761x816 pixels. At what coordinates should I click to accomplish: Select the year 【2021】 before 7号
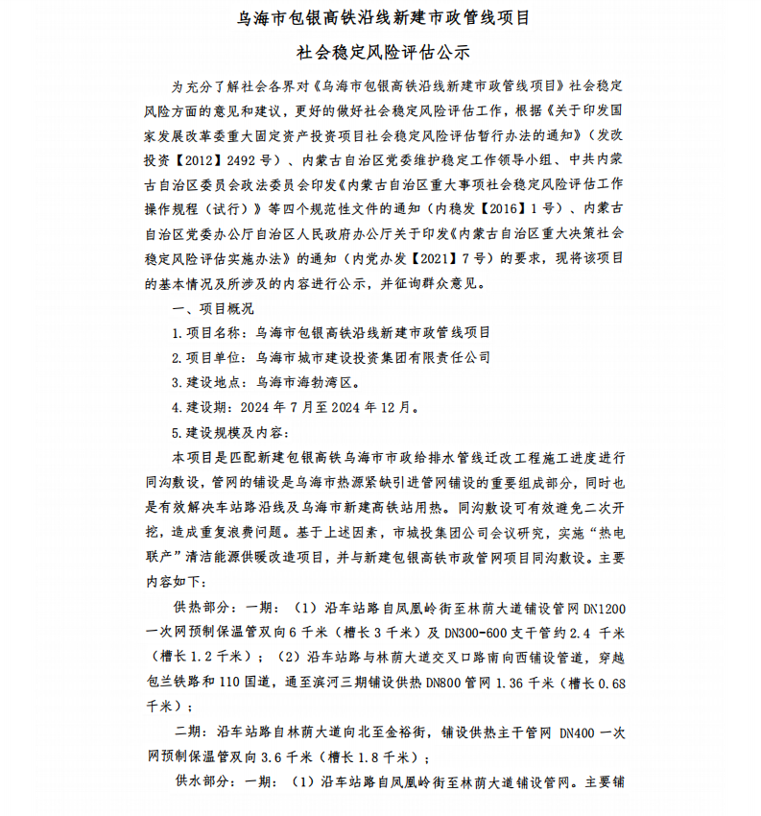pyautogui.click(x=449, y=258)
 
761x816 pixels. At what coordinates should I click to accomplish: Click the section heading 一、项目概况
pyautogui.click(x=212, y=308)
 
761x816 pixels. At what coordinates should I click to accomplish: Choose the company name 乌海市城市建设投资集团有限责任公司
pyautogui.click(x=373, y=357)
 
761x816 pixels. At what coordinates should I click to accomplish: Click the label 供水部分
pyautogui.click(x=200, y=781)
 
